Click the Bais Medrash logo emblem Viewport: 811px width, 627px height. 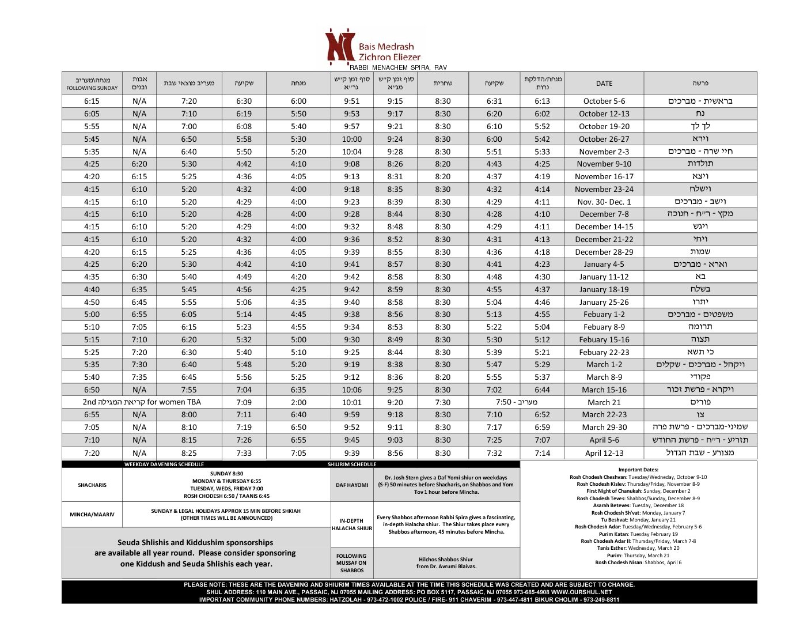click(x=339, y=46)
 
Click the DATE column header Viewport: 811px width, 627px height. click(x=604, y=84)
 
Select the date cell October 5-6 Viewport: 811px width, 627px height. click(x=604, y=101)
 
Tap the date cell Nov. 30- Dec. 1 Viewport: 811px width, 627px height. click(x=604, y=202)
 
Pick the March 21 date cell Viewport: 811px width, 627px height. click(x=604, y=402)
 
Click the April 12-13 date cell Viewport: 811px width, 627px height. click(x=604, y=453)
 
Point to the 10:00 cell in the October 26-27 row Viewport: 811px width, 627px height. click(x=351, y=139)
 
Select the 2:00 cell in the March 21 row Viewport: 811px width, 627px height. click(x=298, y=402)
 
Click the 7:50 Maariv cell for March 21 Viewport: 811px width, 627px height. click(x=516, y=402)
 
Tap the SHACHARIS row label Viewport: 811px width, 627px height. click(x=92, y=485)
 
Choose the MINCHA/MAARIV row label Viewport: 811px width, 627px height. click(x=92, y=515)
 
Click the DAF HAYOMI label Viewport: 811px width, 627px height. click(x=352, y=485)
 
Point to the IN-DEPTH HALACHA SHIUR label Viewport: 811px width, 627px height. click(x=352, y=524)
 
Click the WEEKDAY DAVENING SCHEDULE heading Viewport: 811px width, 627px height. click(x=164, y=464)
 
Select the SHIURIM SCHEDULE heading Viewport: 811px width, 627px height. click(x=352, y=464)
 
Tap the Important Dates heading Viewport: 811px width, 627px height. click(x=638, y=470)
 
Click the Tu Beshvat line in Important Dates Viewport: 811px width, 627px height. click(x=638, y=520)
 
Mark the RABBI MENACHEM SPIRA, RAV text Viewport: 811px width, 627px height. click(x=398, y=67)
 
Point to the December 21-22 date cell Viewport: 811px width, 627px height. click(x=604, y=239)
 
